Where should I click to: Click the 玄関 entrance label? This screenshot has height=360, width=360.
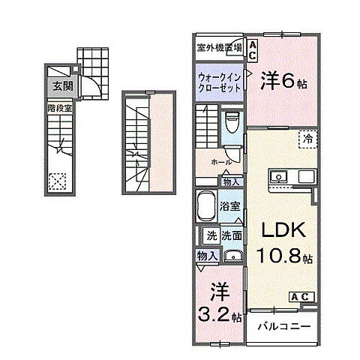(62, 86)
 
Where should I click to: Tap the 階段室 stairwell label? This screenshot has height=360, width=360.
(59, 107)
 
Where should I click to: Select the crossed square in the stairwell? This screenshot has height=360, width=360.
(57, 181)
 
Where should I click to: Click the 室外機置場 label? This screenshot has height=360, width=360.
(219, 47)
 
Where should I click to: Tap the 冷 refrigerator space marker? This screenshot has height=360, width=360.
(307, 138)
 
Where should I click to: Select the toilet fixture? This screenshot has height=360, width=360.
(232, 119)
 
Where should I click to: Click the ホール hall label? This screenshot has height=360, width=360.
(220, 161)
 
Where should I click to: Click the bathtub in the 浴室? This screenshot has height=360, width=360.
(205, 204)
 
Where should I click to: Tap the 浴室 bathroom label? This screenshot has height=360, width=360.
(229, 205)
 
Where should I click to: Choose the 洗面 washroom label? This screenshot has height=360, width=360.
(231, 235)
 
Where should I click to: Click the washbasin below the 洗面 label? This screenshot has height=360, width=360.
(232, 253)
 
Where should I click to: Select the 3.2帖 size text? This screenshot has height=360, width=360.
(219, 315)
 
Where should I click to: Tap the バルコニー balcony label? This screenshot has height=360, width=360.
(284, 326)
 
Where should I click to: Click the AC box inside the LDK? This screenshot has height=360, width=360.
(299, 295)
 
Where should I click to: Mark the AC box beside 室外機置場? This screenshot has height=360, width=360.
(253, 50)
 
